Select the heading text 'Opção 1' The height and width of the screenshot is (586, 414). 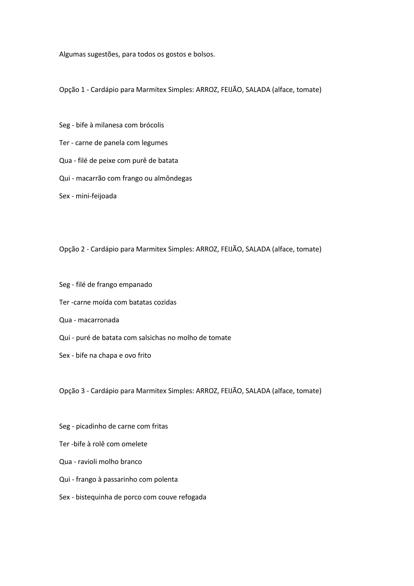point(72,90)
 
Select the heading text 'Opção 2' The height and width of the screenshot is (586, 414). point(72,249)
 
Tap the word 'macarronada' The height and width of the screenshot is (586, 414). point(98,320)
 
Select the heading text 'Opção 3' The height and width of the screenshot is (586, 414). point(72,391)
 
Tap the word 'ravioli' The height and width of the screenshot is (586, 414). point(87,462)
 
